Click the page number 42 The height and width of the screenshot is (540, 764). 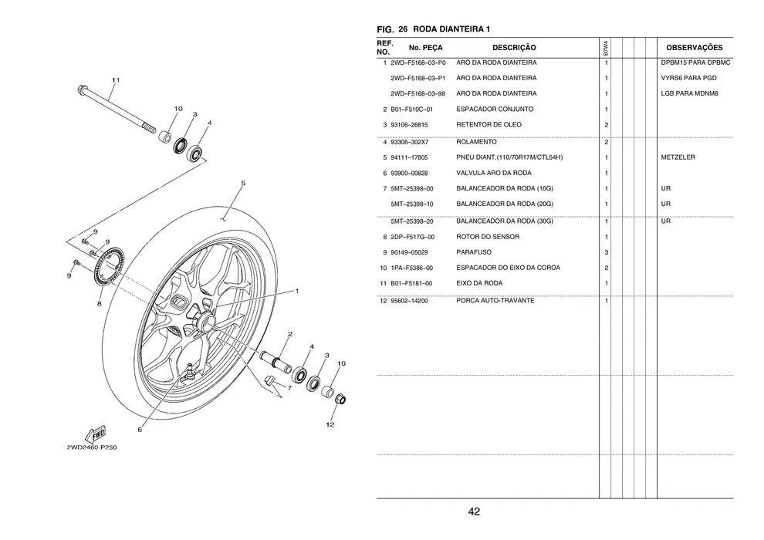[x=474, y=511]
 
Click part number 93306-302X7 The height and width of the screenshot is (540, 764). [x=409, y=143]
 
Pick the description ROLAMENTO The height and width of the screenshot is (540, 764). [x=476, y=143]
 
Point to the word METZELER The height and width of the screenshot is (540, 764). [x=678, y=157]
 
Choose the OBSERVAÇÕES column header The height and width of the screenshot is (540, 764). [x=694, y=48]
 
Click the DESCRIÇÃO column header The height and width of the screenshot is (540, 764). [x=513, y=48]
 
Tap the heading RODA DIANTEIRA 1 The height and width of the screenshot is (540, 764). [x=451, y=29]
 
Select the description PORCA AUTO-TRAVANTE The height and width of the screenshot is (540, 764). [x=495, y=301]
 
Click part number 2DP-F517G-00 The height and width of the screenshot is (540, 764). [x=412, y=237]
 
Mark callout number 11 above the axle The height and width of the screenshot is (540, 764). [x=116, y=80]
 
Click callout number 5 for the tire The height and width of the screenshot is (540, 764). [x=242, y=184]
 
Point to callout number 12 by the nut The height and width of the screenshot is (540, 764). [x=330, y=424]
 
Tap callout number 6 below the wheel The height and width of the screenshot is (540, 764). [x=140, y=429]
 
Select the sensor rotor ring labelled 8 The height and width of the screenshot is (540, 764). [x=109, y=269]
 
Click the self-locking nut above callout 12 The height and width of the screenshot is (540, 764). [x=340, y=400]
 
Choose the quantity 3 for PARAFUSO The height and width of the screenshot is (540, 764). [x=607, y=252]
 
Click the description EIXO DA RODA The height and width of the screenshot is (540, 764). [x=479, y=283]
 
